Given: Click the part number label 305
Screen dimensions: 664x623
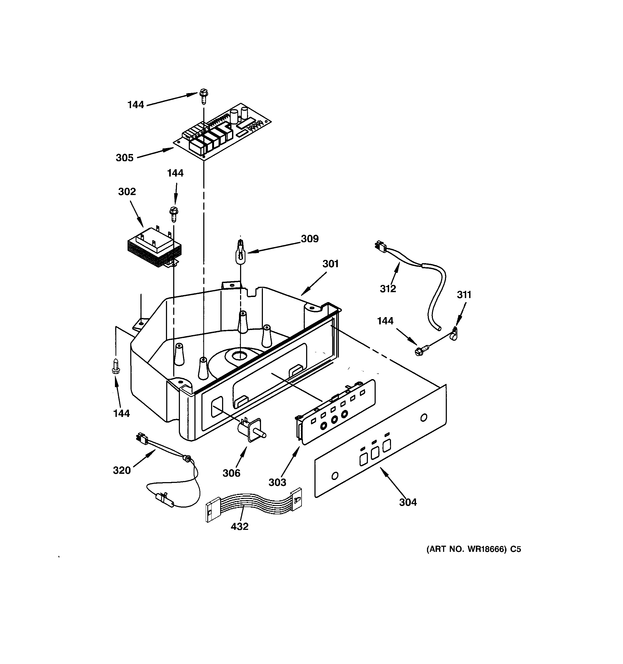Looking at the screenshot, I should click(124, 158).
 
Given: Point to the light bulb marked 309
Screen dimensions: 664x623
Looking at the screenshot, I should click(240, 252).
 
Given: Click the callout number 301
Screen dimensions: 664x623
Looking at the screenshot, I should click(330, 264).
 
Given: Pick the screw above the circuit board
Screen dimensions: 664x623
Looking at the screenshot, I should click(203, 96).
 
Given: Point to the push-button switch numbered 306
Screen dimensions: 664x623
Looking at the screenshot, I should click(251, 431).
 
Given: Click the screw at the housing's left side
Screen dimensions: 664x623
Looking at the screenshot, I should click(116, 366).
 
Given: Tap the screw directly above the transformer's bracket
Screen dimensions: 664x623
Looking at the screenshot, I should click(174, 214).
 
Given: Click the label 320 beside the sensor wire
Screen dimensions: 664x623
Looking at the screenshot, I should click(121, 470).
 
